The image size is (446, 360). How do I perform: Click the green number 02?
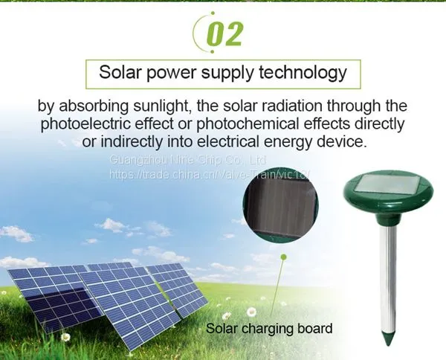pyautogui.click(x=224, y=34)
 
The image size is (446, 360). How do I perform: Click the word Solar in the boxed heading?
pyautogui.click(x=120, y=72)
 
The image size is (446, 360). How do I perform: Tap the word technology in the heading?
pyautogui.click(x=303, y=74)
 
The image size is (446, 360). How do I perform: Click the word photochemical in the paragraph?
pyautogui.click(x=248, y=124)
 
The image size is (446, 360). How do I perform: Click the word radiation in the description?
pyautogui.click(x=292, y=106)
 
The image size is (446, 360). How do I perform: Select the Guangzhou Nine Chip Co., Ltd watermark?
pyautogui.click(x=188, y=160)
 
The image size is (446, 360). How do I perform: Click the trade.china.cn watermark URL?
pyautogui.click(x=209, y=173)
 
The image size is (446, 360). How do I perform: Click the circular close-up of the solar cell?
pyautogui.click(x=280, y=205)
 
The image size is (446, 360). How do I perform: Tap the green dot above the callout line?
pyautogui.click(x=283, y=257)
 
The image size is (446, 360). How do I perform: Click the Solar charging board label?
pyautogui.click(x=269, y=328)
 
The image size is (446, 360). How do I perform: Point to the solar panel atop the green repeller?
pyautogui.click(x=388, y=184)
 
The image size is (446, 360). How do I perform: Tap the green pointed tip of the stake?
pyautogui.click(x=388, y=338)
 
